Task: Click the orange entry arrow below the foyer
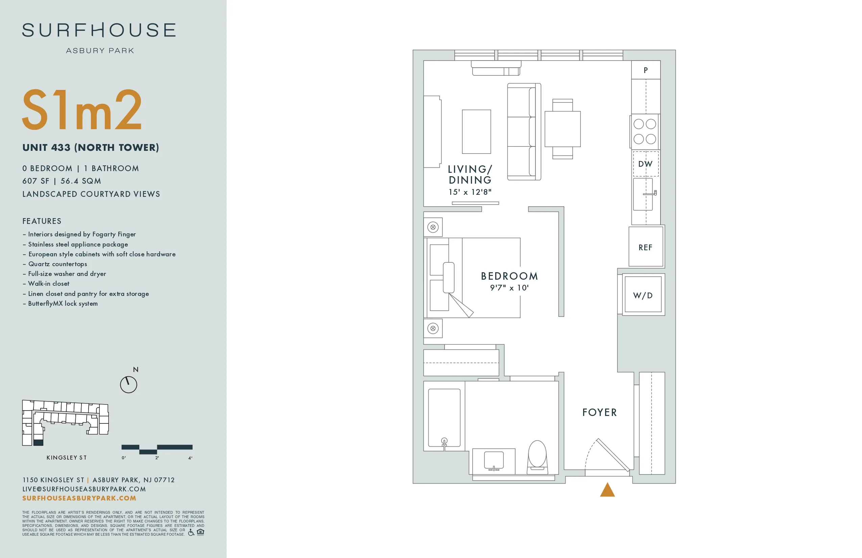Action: pyautogui.click(x=607, y=490)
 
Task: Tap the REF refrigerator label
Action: pyautogui.click(x=645, y=248)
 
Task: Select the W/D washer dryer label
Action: pyautogui.click(x=643, y=296)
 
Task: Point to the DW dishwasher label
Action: pyautogui.click(x=645, y=164)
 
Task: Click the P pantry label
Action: pyautogui.click(x=646, y=70)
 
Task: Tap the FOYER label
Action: pyautogui.click(x=599, y=412)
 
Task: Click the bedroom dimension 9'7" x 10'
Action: pyautogui.click(x=509, y=288)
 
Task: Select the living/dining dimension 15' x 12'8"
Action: pyautogui.click(x=470, y=192)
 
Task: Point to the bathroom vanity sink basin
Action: pyautogui.click(x=494, y=460)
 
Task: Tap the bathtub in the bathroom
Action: pyautogui.click(x=445, y=417)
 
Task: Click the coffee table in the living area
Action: pyautogui.click(x=476, y=132)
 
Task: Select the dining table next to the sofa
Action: pyautogui.click(x=562, y=129)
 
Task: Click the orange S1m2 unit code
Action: pyautogui.click(x=82, y=110)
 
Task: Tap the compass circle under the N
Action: pyautogui.click(x=128, y=385)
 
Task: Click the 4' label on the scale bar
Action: pyautogui.click(x=190, y=458)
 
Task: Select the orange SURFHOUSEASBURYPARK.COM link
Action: pyautogui.click(x=79, y=498)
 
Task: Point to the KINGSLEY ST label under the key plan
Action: pyautogui.click(x=67, y=458)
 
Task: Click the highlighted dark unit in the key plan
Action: pyautogui.click(x=38, y=442)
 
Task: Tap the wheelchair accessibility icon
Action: pyautogui.click(x=191, y=532)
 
